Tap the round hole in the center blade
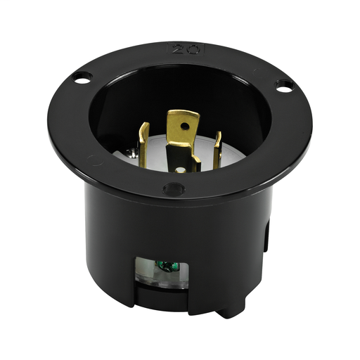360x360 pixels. click(184, 127)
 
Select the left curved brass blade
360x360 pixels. click(143, 144)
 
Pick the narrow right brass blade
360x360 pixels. click(217, 149)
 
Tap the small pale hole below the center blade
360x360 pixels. click(184, 169)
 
